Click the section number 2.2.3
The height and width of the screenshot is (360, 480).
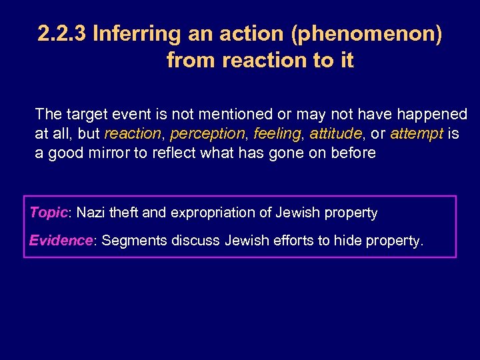(63, 34)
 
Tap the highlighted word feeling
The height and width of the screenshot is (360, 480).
(277, 134)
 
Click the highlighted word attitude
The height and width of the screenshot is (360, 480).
(336, 134)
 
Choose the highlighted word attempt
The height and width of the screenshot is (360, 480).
(417, 134)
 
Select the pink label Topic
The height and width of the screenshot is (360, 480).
(49, 213)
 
